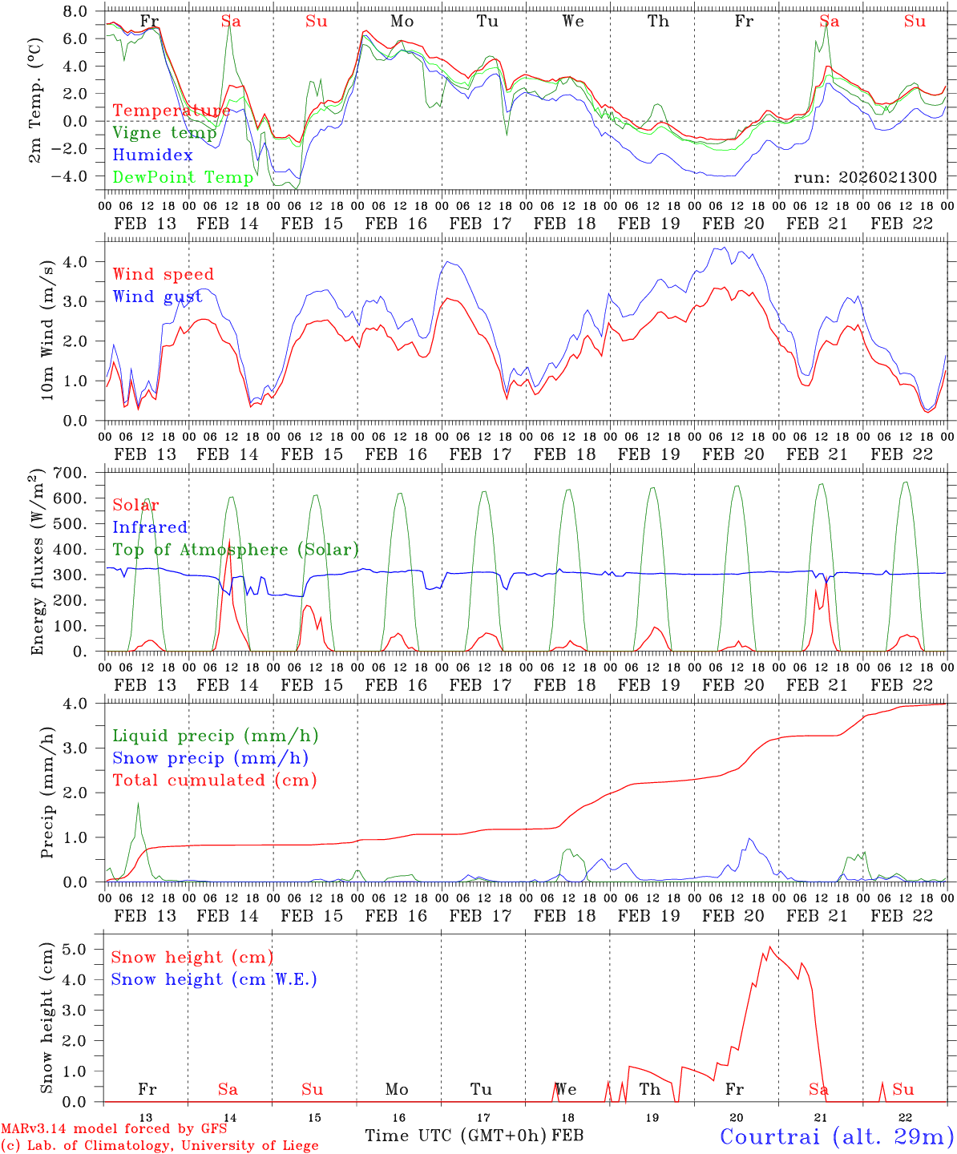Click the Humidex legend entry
click(152, 155)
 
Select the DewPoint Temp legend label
click(183, 177)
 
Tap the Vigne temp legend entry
click(164, 133)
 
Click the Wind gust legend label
click(157, 297)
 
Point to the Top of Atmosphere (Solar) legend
click(235, 550)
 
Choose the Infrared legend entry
click(150, 527)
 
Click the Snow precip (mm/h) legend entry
click(210, 758)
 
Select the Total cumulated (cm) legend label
click(214, 780)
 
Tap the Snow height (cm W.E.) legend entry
click(213, 979)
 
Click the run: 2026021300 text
click(865, 178)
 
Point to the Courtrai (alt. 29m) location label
click(837, 1136)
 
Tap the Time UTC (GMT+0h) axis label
click(455, 1136)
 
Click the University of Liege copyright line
click(159, 1146)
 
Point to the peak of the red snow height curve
click(770, 946)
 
